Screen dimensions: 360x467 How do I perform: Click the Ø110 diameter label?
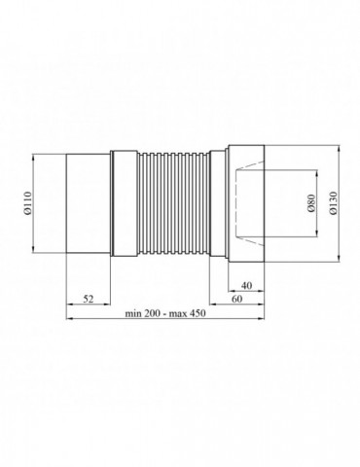28,203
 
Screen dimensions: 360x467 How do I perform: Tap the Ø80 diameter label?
311,203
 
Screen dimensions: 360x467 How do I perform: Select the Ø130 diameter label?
333,203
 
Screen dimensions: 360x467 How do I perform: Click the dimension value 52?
89,299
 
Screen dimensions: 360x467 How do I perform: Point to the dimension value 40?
247,286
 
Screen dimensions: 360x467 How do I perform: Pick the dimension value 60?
237,299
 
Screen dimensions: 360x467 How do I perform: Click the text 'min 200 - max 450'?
165,313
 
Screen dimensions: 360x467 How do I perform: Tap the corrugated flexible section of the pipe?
173,203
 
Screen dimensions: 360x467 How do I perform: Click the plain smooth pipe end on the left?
89,203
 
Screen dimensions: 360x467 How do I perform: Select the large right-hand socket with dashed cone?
246,203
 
